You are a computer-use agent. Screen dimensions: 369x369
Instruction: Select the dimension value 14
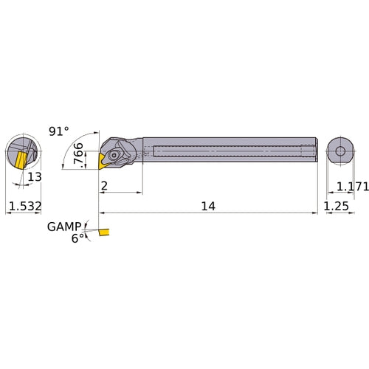click(208, 207)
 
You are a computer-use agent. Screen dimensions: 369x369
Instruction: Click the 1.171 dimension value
click(351, 187)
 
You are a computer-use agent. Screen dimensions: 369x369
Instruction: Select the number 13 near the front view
click(34, 178)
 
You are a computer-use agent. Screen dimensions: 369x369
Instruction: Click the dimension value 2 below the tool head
click(104, 186)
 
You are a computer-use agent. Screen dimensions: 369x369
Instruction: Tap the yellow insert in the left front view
click(18, 160)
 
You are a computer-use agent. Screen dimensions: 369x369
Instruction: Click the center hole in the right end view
click(339, 151)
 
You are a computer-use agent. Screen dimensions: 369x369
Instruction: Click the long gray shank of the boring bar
click(229, 151)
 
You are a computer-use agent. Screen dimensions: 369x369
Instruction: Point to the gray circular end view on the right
click(339, 151)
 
